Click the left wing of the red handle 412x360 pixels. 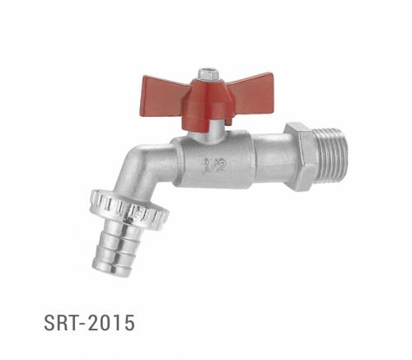[166, 90]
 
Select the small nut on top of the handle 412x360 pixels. [209, 73]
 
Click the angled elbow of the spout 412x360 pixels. [145, 169]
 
